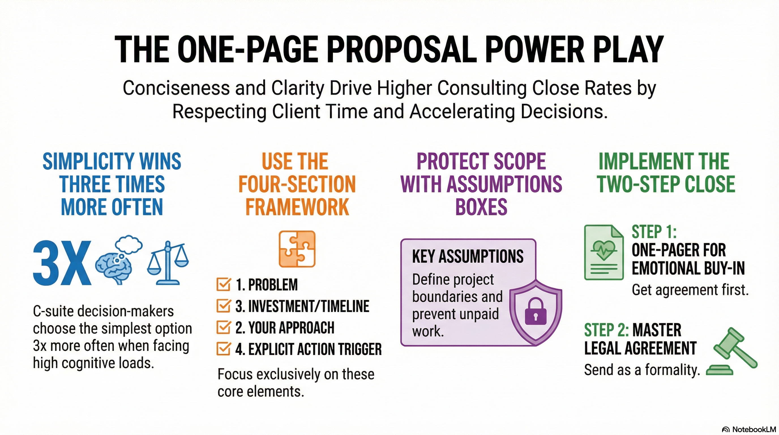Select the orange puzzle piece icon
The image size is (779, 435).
297,249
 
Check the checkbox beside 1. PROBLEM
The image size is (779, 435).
223,285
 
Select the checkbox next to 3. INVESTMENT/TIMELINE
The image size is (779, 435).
223,306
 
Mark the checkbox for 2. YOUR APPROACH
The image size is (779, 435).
223,328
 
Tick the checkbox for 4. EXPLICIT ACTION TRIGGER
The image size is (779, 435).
223,349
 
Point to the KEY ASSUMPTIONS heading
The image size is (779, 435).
468,257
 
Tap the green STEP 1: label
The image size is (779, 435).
654,232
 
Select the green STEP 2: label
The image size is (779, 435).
606,330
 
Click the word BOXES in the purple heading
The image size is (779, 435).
481,207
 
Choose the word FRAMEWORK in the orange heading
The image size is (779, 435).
297,207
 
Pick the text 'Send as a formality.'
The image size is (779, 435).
642,370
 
